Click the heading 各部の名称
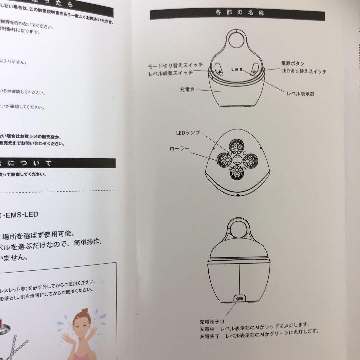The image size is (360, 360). [x=237, y=14]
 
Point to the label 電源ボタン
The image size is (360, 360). [x=293, y=63]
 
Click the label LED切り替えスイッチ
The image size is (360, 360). [x=304, y=72]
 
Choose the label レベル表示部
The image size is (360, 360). [x=300, y=94]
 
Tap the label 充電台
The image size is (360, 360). [x=187, y=90]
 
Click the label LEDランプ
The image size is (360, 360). [x=188, y=133]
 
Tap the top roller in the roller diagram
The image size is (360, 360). [x=238, y=146]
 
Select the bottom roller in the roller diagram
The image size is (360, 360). [x=238, y=174]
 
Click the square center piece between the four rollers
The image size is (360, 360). [x=238, y=160]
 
